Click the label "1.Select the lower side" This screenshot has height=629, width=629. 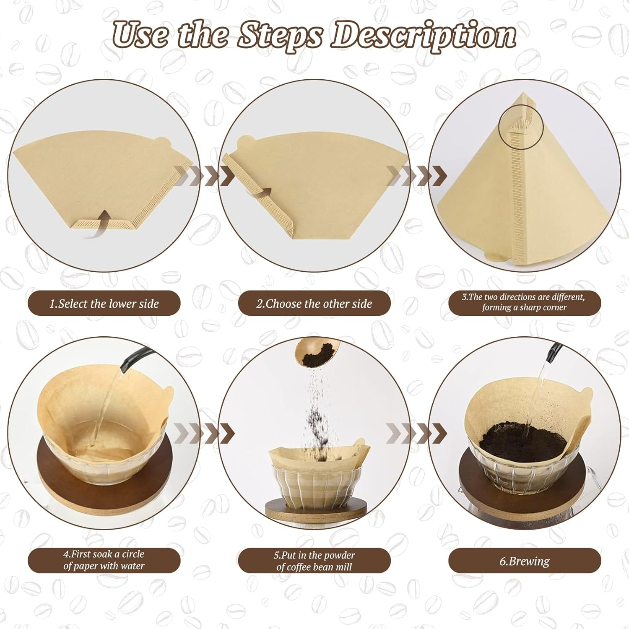pos(104,303)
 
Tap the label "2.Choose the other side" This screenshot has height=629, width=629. pos(314,303)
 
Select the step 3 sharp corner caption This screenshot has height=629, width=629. pos(524,302)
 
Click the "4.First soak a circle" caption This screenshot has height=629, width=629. pos(104,560)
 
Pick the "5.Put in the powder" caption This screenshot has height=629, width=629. pos(314,561)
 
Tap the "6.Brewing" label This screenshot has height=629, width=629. pos(524,561)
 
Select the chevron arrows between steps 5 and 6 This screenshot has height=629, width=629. pos(416,433)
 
